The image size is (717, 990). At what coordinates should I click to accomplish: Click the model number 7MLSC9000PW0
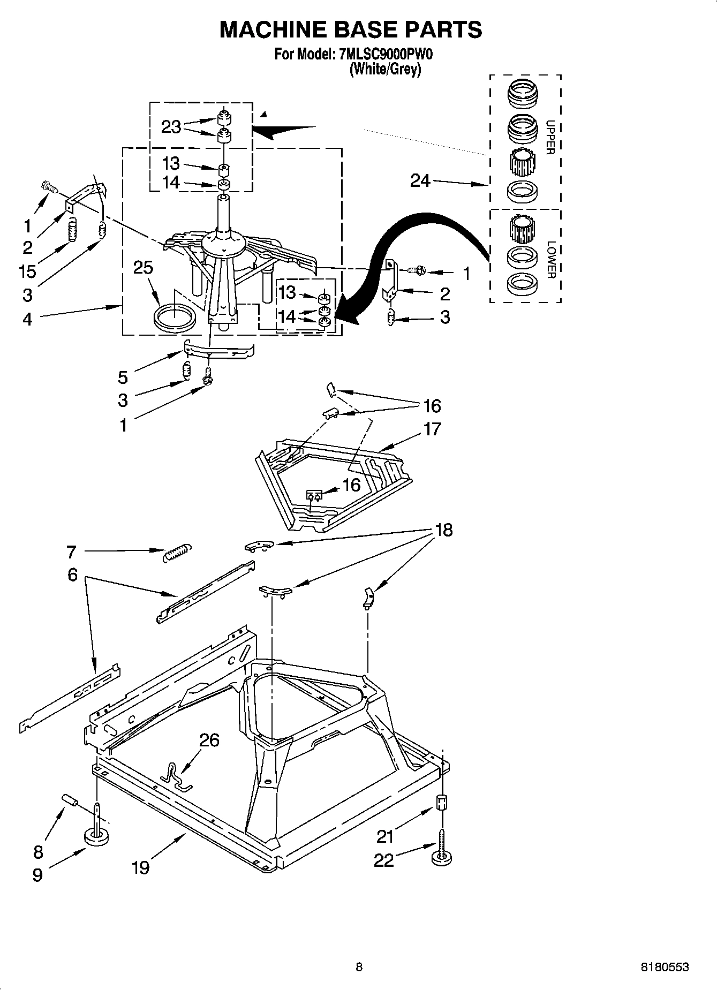click(385, 54)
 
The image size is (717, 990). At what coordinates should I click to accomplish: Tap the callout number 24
click(420, 181)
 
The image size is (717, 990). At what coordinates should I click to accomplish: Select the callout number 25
click(143, 267)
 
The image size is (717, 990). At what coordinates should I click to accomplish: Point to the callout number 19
click(140, 867)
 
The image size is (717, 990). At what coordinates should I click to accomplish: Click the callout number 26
click(209, 740)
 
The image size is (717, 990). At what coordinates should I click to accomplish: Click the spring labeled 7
click(177, 552)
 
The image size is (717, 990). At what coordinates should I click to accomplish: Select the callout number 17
click(432, 429)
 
